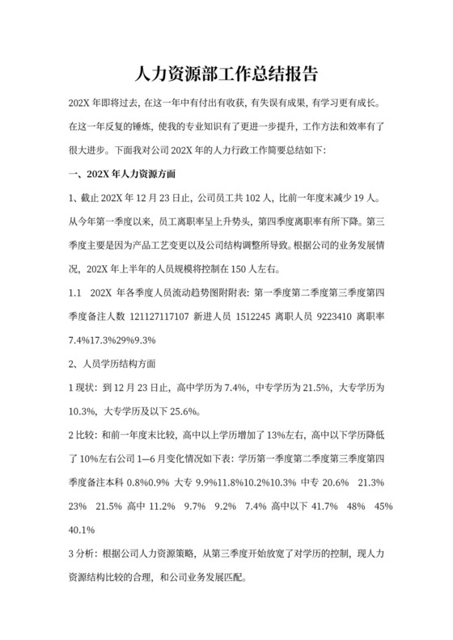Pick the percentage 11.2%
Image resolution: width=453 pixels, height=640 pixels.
[x=164, y=507]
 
